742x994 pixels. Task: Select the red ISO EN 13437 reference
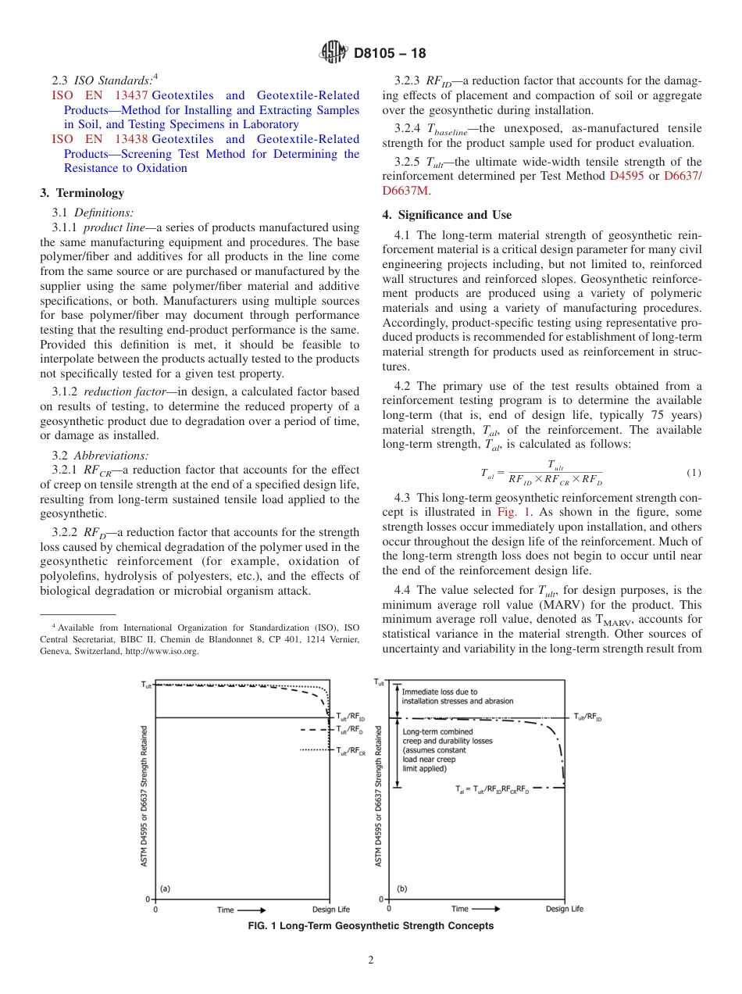(95, 95)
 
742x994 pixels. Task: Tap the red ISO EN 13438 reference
(95, 139)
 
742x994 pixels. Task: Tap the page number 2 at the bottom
(371, 960)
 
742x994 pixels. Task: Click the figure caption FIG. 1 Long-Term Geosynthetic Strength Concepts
(370, 926)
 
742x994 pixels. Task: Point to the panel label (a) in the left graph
(165, 889)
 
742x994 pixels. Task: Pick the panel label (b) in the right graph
(401, 889)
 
